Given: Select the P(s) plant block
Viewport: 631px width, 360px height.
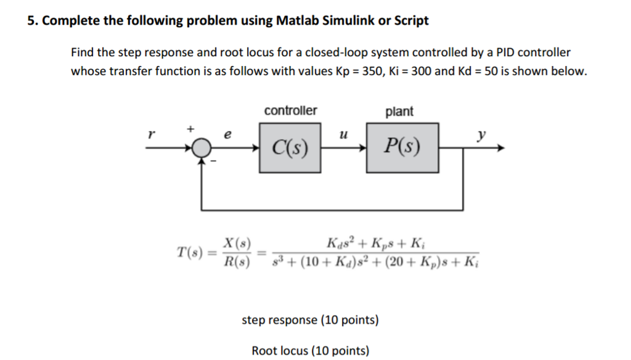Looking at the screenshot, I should pyautogui.click(x=403, y=147).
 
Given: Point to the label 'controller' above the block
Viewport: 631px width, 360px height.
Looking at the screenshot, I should pyautogui.click(x=290, y=111).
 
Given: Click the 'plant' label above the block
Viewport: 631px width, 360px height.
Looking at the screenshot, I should pyautogui.click(x=399, y=112).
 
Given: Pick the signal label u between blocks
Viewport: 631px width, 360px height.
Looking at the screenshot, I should pyautogui.click(x=343, y=133).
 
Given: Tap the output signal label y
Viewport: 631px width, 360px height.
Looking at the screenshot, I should pyautogui.click(x=481, y=133).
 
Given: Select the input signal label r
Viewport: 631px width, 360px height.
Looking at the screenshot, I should pyautogui.click(x=149, y=133).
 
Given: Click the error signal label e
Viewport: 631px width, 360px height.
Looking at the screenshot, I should pyautogui.click(x=228, y=133).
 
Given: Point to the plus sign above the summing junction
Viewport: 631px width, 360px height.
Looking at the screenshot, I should pyautogui.click(x=191, y=128).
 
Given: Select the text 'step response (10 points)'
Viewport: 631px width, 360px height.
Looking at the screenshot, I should pyautogui.click(x=310, y=321).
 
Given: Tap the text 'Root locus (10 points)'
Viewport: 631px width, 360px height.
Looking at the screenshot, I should pyautogui.click(x=311, y=351).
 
